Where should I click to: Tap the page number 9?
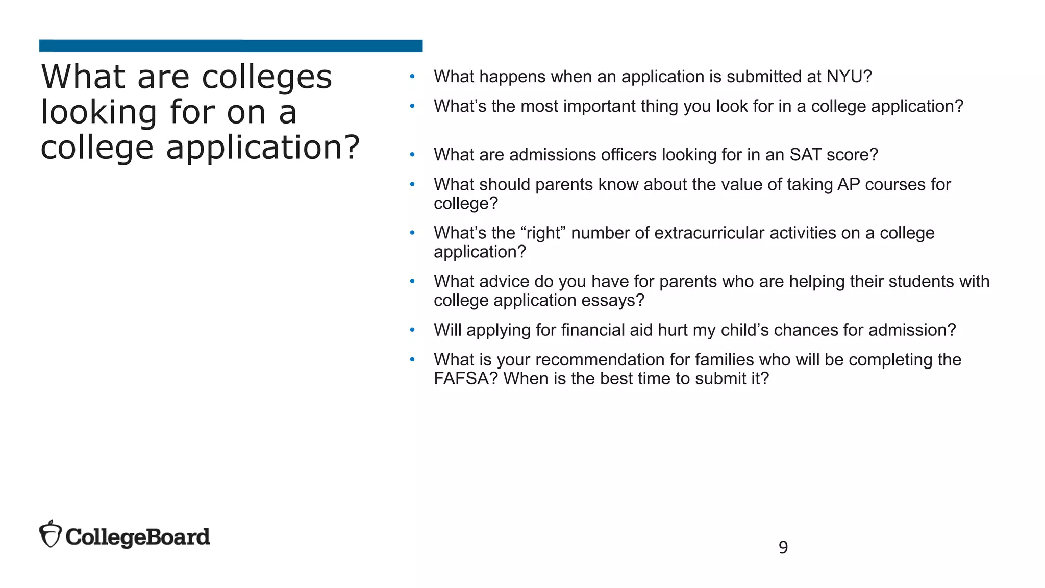783,547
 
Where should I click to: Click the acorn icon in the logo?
51,534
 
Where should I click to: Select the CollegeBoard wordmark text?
138,537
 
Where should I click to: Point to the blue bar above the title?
231,46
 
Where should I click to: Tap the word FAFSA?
465,379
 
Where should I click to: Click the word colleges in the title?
267,78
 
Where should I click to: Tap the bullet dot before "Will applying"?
412,330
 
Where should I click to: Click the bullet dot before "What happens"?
412,77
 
